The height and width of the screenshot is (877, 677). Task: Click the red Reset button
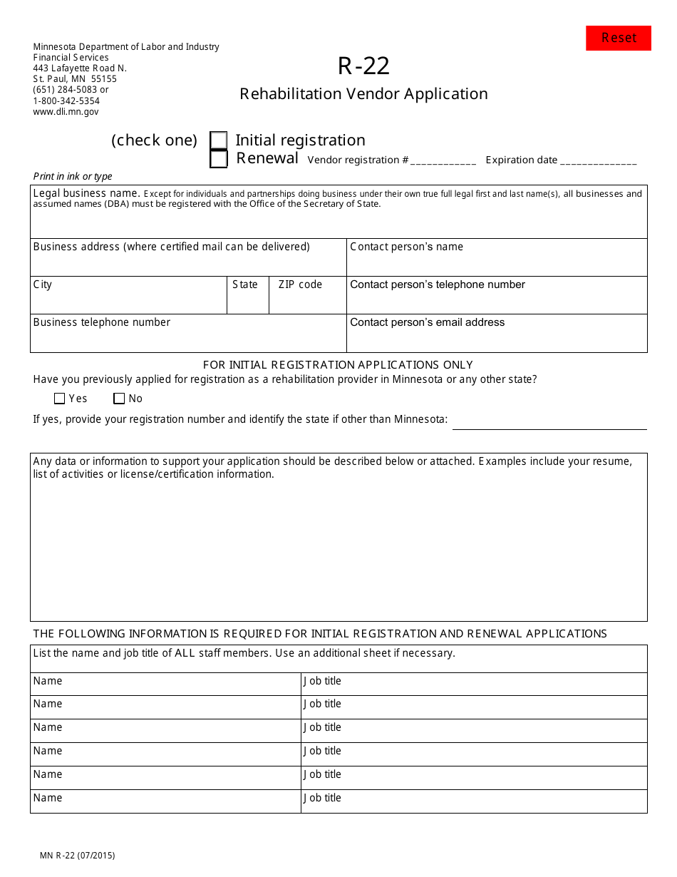(618, 38)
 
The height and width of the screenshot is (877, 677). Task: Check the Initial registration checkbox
(219, 140)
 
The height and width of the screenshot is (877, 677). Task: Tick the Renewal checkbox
(219, 159)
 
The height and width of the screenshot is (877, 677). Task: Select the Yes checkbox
(60, 399)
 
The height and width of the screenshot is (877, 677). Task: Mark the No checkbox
(119, 399)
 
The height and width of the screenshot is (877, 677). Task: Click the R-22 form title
(363, 66)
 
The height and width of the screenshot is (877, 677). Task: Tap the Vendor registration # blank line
(443, 161)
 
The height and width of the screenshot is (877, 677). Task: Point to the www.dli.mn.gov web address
(66, 111)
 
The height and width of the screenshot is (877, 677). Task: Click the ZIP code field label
(300, 284)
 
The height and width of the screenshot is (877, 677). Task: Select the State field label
(245, 284)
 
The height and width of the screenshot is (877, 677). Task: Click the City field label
(43, 284)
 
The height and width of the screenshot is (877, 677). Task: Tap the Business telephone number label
(102, 322)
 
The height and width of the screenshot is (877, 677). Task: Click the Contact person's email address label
(427, 322)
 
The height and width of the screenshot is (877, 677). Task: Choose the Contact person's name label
(406, 247)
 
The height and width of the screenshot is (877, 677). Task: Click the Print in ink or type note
(73, 176)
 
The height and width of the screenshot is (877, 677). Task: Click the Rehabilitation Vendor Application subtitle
(363, 93)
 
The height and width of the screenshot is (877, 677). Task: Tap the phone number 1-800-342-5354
(66, 101)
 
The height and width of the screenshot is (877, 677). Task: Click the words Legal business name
(86, 193)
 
